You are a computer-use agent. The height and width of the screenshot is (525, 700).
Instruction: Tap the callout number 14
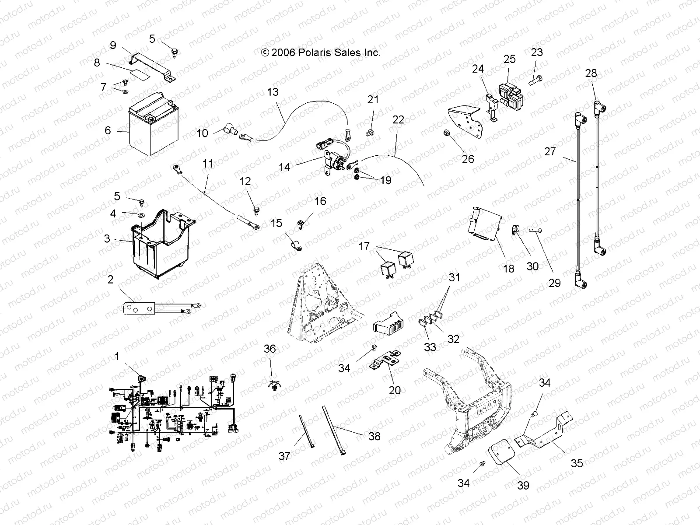[x=284, y=167]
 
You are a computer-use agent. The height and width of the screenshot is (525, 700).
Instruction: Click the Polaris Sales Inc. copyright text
[x=321, y=52]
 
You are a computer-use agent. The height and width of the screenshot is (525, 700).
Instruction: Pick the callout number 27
[x=550, y=151]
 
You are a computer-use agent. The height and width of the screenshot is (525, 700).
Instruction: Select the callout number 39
[x=523, y=485]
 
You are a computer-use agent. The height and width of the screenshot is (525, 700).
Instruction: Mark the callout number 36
[x=270, y=349]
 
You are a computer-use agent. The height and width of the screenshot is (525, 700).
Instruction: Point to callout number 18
[x=509, y=268]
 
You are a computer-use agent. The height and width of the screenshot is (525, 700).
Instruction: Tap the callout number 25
[x=510, y=59]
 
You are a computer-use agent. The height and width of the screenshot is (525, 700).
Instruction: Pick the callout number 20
[x=395, y=390]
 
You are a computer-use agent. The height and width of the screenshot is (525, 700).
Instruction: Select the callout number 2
[x=111, y=279]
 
